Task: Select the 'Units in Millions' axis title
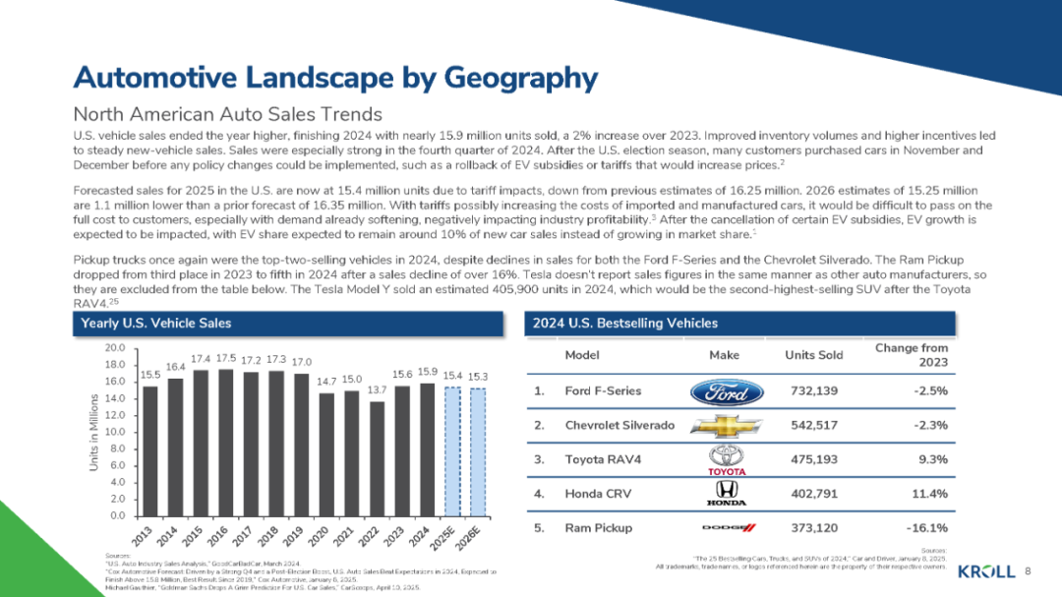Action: [92, 432]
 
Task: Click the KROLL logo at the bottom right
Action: [986, 570]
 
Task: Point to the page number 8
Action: [1029, 570]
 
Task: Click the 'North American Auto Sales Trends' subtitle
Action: [228, 115]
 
